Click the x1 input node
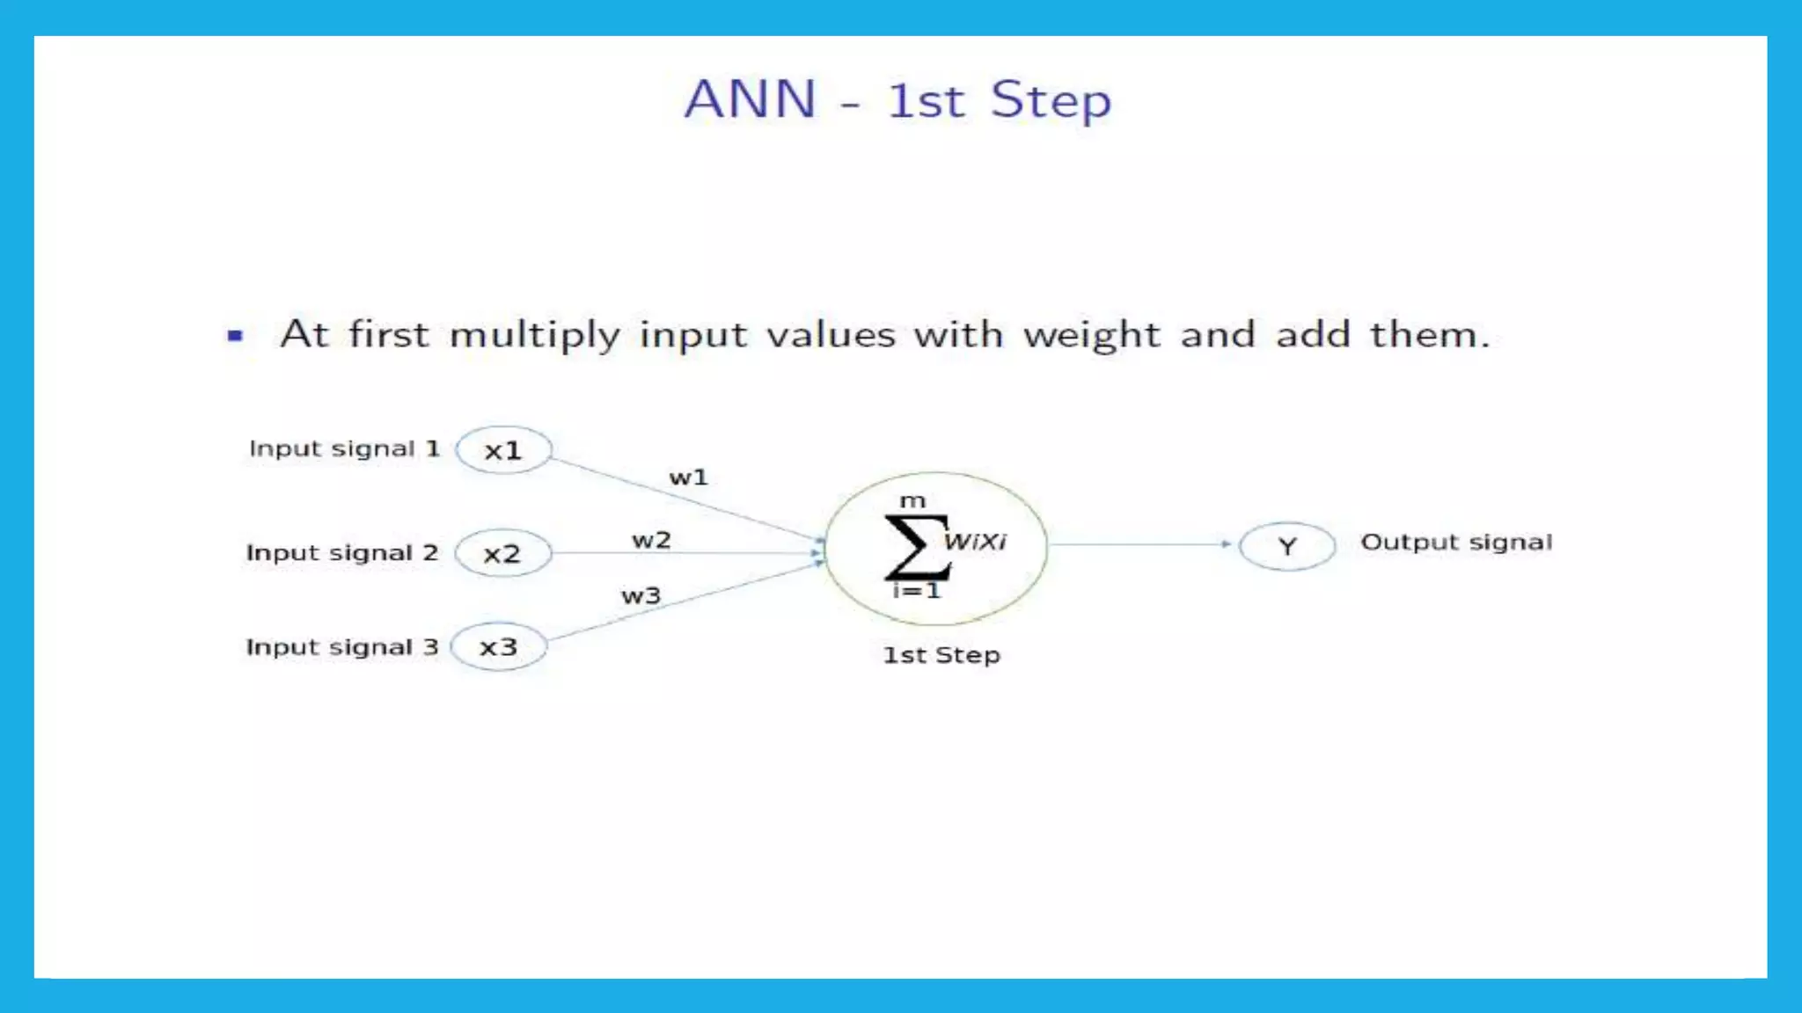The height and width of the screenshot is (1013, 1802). click(x=503, y=450)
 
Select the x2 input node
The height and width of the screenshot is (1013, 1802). click(x=502, y=553)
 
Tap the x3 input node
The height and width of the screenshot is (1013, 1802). click(x=498, y=647)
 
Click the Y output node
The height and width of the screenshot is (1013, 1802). click(x=1286, y=546)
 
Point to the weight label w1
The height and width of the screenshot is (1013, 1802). click(x=688, y=477)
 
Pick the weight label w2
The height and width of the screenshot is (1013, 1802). click(x=651, y=540)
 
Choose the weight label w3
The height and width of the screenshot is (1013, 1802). click(x=641, y=596)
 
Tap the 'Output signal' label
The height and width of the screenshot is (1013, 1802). click(x=1456, y=543)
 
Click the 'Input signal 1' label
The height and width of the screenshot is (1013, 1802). click(x=344, y=448)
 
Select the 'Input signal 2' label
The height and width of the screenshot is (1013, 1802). click(x=341, y=553)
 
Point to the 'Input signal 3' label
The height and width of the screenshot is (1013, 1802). click(x=341, y=647)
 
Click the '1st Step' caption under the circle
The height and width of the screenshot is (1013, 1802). click(x=941, y=655)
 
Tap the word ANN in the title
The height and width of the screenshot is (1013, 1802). click(x=751, y=98)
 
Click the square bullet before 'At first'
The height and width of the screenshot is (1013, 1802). click(x=235, y=335)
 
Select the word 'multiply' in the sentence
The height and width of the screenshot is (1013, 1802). click(x=535, y=335)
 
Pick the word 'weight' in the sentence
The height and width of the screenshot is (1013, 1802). click(x=1091, y=335)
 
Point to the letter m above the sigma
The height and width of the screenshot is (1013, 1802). click(x=912, y=501)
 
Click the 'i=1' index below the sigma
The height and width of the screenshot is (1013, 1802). click(x=917, y=591)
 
